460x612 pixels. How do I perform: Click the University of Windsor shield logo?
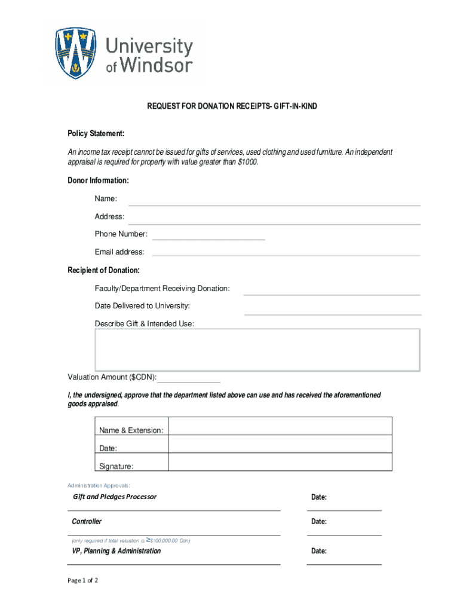point(75,53)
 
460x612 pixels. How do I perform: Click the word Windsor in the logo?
point(157,65)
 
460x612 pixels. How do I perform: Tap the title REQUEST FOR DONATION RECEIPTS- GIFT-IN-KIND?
point(232,106)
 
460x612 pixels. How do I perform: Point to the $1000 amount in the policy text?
point(247,163)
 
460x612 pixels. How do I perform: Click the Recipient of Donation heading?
point(103,271)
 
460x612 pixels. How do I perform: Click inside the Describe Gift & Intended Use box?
point(257,350)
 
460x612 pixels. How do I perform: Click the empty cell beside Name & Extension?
point(280,426)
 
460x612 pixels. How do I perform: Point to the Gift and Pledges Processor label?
point(115,497)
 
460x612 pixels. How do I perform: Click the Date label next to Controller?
point(318,522)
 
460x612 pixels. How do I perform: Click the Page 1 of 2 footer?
point(82,580)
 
